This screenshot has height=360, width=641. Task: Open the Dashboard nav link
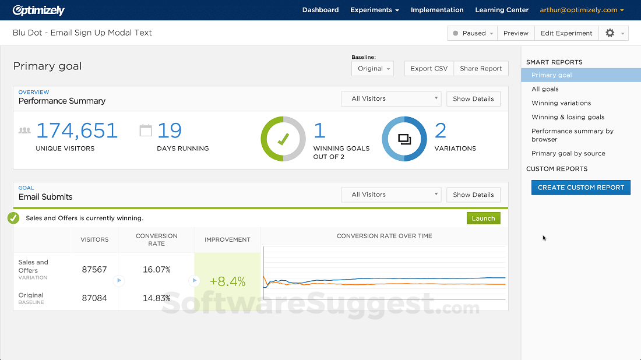[320, 10]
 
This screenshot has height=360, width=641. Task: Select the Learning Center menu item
[502, 10]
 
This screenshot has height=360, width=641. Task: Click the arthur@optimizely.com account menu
[582, 10]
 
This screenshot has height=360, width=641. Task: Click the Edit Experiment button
[566, 33]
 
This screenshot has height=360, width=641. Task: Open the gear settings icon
[610, 33]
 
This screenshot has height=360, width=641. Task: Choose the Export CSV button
[429, 69]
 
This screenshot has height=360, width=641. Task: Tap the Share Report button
[481, 69]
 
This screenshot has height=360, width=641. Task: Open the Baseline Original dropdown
[373, 69]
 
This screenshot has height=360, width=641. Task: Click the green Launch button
[483, 218]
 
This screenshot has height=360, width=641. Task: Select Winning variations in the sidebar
[561, 103]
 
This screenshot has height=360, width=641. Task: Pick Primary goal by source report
[568, 154]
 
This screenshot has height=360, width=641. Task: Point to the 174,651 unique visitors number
[77, 130]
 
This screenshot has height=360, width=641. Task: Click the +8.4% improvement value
[227, 281]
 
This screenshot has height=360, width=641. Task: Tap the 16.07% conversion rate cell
[156, 270]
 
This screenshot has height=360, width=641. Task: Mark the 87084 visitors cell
[94, 298]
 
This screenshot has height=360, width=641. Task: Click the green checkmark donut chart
[283, 139]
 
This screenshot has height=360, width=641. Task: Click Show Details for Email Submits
[473, 195]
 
